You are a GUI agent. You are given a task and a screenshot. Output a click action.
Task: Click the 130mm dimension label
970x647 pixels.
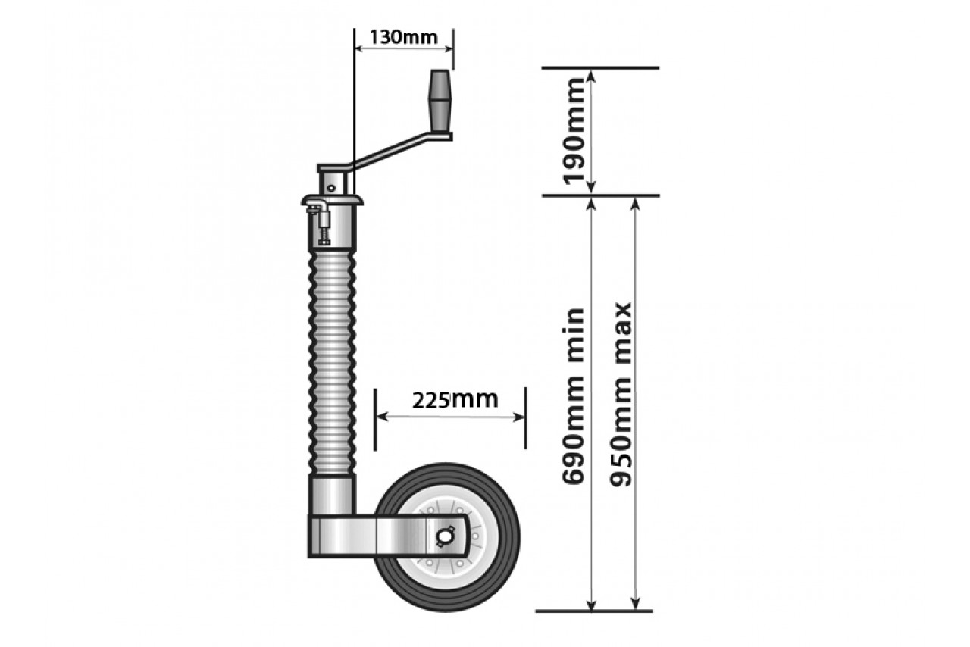pos(404,38)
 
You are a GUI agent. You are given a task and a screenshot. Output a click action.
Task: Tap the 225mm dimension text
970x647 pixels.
pos(455,400)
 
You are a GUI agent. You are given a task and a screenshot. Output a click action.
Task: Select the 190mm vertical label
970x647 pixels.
pos(574,131)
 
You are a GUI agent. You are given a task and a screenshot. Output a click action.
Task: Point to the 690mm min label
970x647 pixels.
pos(574,395)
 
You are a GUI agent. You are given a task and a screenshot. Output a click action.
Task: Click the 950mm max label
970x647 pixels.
pos(620,394)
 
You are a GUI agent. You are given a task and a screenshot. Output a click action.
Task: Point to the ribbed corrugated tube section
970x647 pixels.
pos(332,363)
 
